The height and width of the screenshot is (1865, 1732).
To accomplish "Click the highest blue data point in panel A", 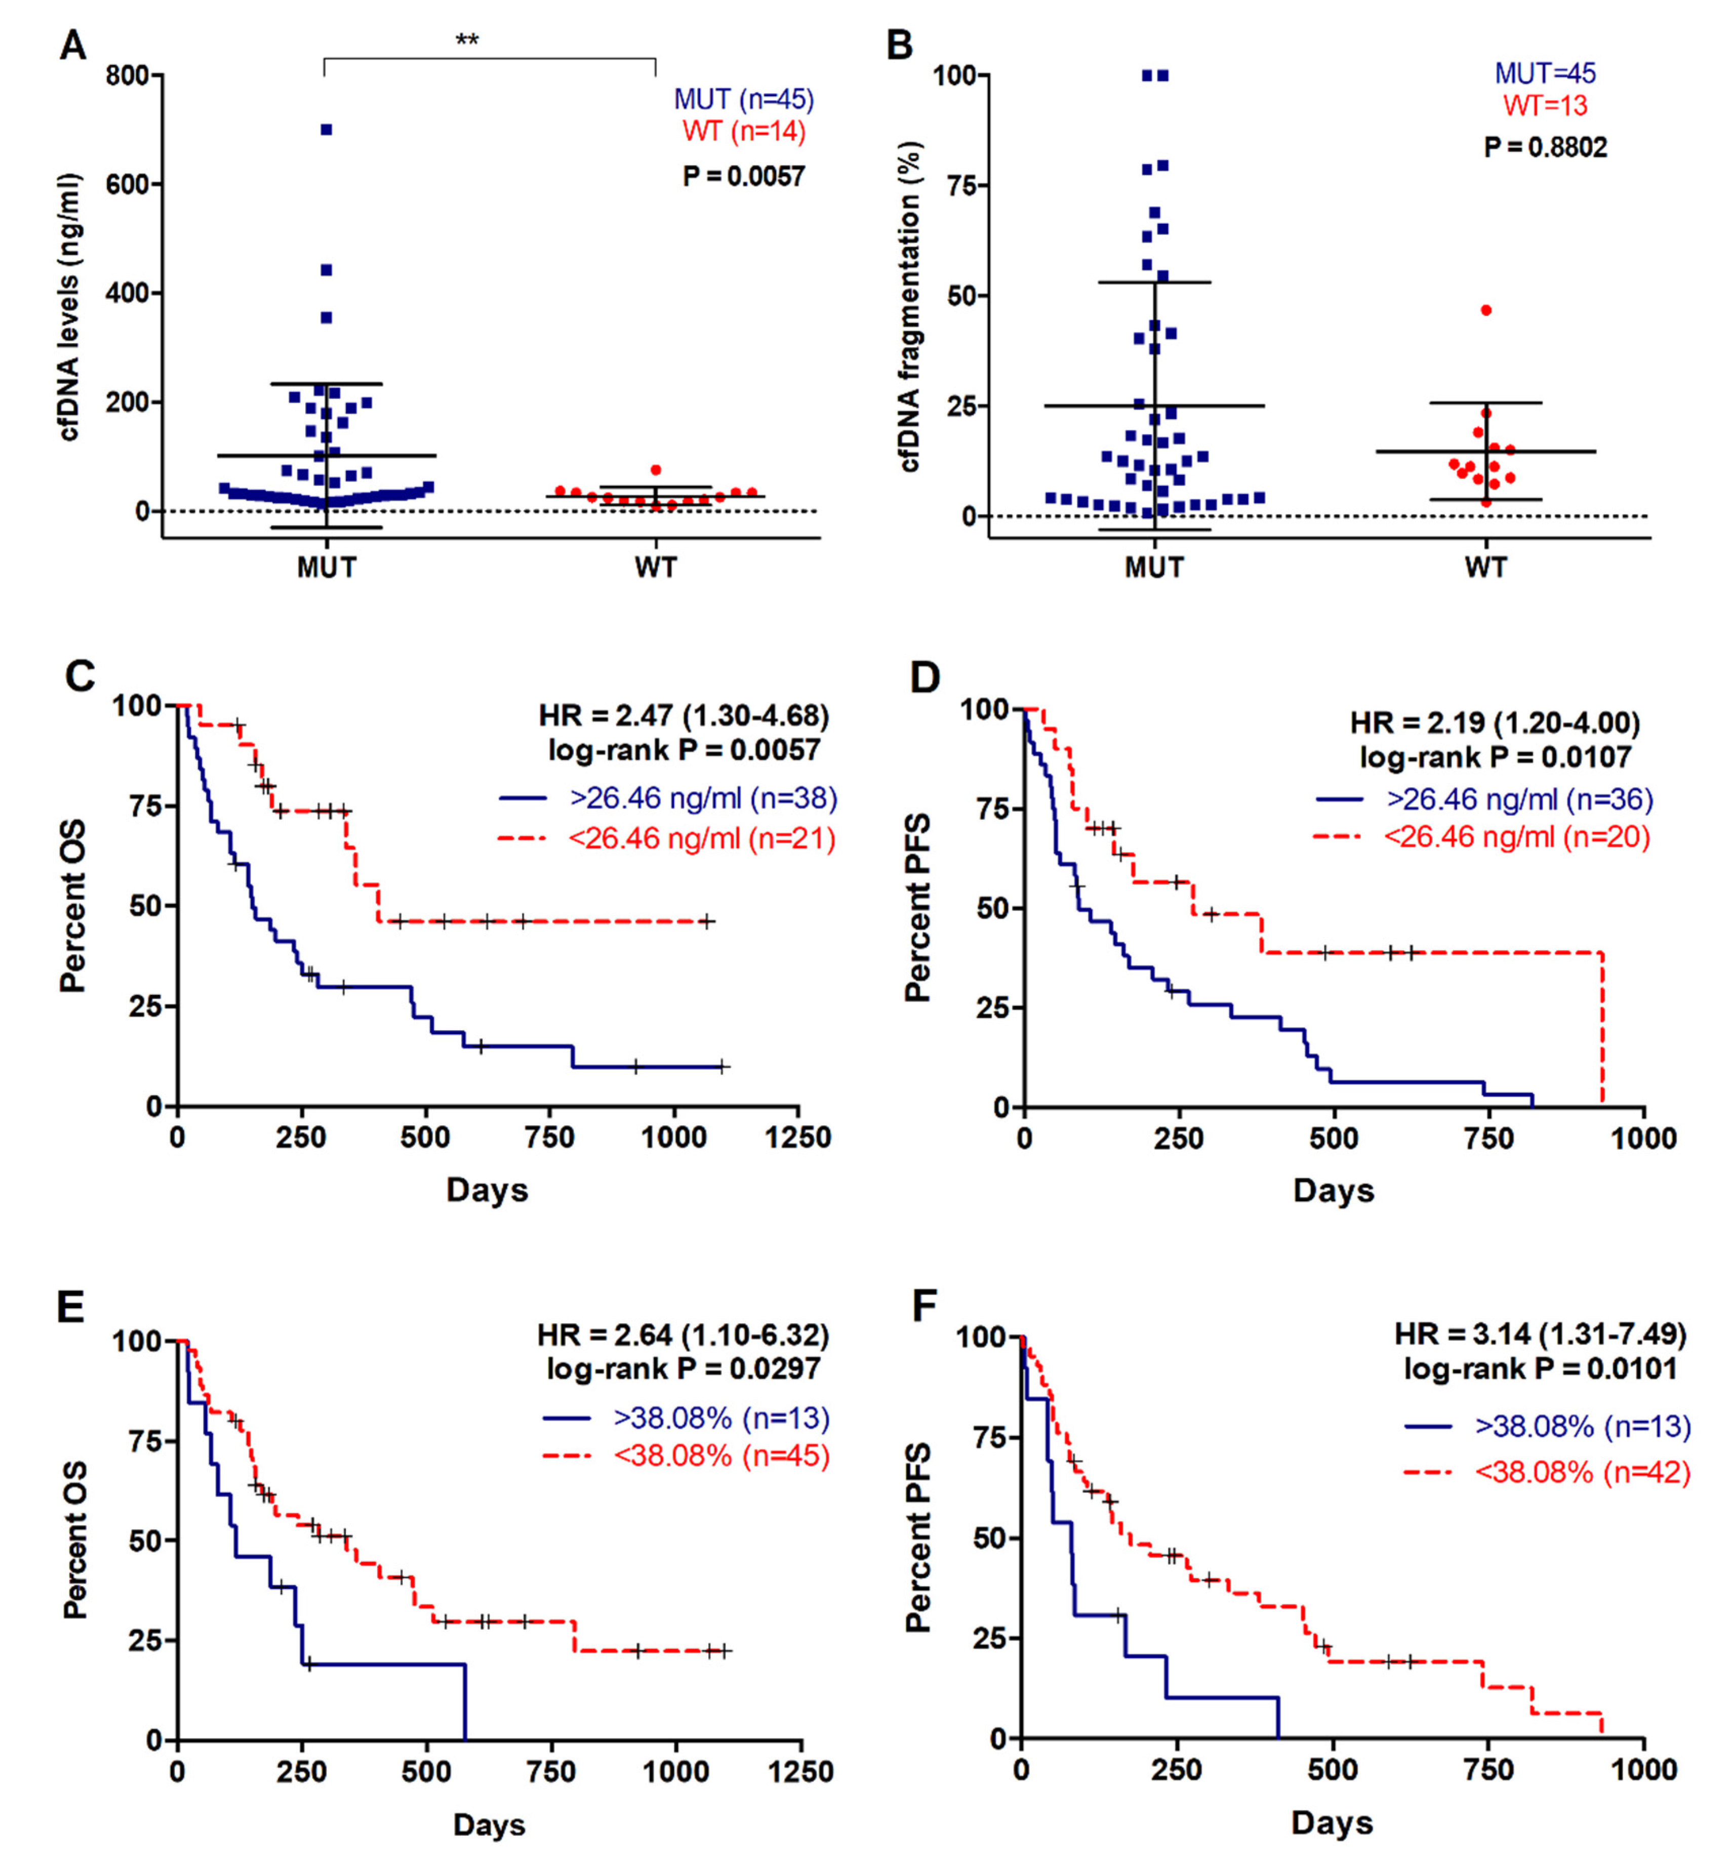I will click(326, 129).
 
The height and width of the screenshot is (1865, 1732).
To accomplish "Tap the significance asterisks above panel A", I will click(467, 40).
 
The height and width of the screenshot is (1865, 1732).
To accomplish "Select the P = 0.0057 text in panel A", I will click(743, 176).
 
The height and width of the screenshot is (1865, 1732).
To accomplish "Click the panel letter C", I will click(79, 676).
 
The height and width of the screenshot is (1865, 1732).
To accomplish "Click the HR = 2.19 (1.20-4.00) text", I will click(1495, 722).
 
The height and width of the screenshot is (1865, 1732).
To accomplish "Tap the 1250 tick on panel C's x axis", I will click(797, 1138).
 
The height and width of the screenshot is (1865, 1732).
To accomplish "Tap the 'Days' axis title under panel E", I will click(489, 1825).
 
